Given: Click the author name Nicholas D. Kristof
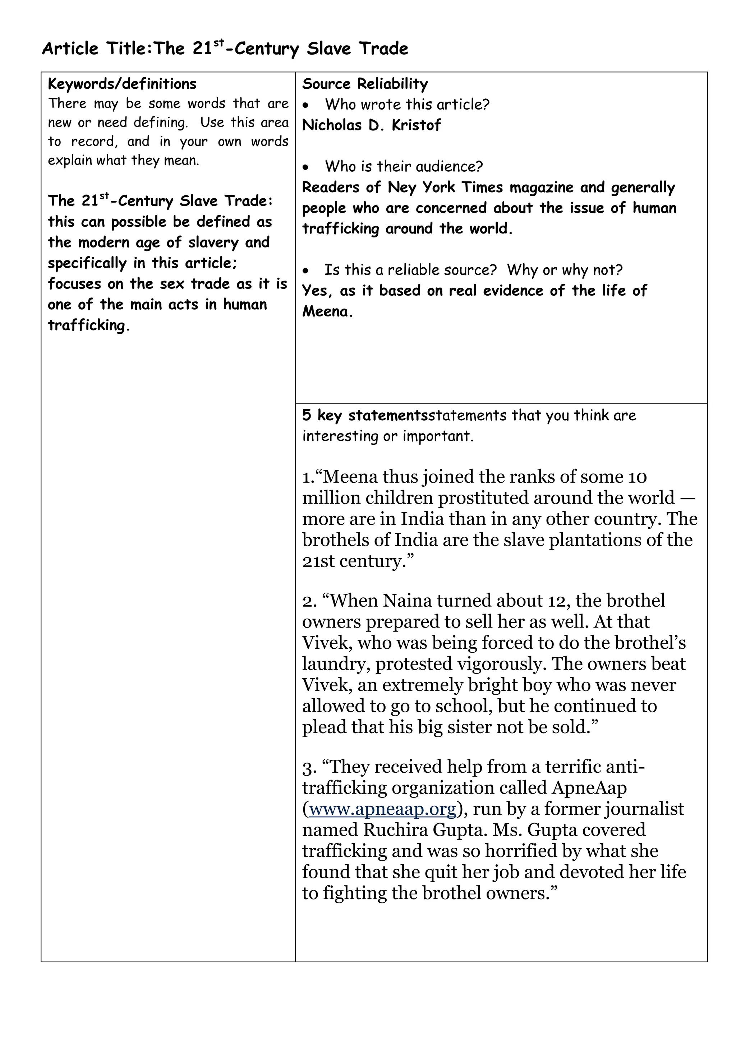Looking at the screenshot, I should click(371, 125).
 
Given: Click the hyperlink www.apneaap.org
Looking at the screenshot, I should click(382, 809).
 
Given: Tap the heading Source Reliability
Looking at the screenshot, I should click(365, 84).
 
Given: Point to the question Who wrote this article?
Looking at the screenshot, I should click(407, 105).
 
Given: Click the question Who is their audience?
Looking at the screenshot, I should click(404, 166).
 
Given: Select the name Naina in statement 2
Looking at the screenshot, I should click(407, 601).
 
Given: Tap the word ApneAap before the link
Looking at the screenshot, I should click(589, 788).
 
